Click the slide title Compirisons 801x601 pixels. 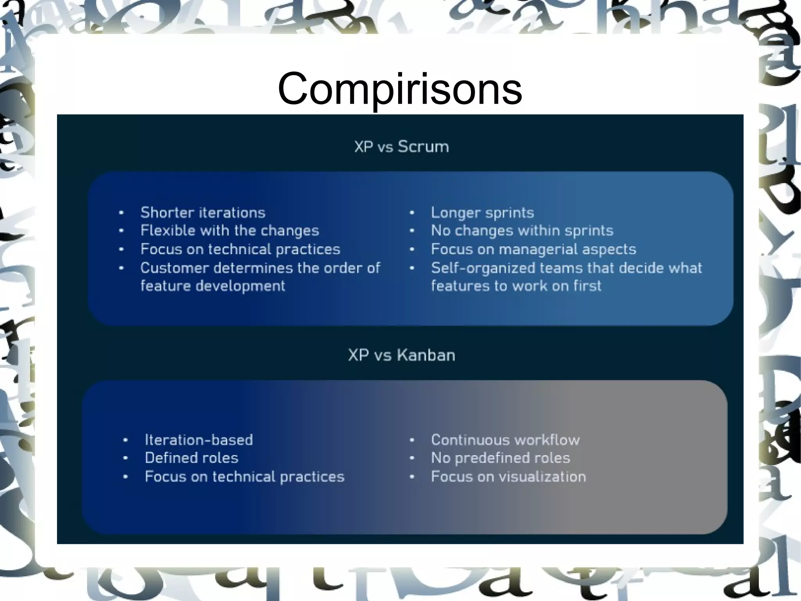(x=400, y=89)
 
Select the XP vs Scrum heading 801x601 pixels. (x=401, y=147)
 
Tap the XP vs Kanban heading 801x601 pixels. (x=401, y=355)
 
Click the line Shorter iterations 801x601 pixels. (x=203, y=213)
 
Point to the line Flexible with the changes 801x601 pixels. (x=230, y=231)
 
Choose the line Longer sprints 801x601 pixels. (x=482, y=213)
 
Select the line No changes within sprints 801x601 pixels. (x=522, y=231)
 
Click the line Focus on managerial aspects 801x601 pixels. (x=533, y=249)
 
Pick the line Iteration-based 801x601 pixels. (x=199, y=440)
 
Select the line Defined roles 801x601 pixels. (x=191, y=458)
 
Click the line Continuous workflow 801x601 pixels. (x=505, y=440)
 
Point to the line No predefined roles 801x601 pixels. (x=500, y=458)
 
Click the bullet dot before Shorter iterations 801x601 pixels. (x=121, y=213)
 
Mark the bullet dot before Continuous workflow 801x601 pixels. (x=412, y=440)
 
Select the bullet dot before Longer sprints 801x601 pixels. (x=412, y=213)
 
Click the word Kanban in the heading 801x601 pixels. (x=426, y=355)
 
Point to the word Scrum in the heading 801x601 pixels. (x=423, y=147)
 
